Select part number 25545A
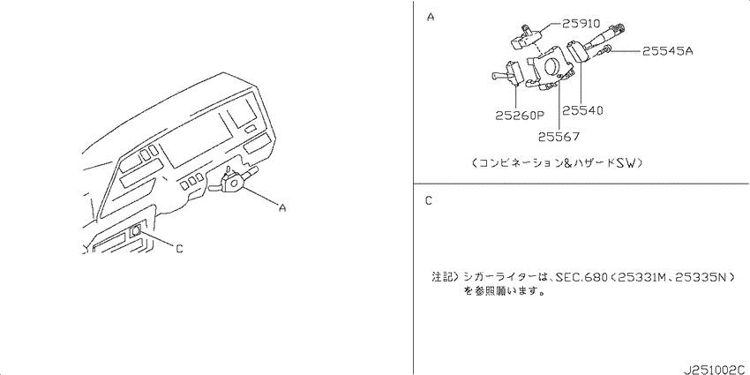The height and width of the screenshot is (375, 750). [667, 50]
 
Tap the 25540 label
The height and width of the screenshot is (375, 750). [582, 110]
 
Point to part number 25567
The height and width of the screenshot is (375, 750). [559, 136]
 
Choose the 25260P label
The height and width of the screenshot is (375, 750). [520, 116]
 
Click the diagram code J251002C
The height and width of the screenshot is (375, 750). [716, 370]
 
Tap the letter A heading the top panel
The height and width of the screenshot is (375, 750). [431, 18]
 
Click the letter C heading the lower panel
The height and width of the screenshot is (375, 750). [429, 201]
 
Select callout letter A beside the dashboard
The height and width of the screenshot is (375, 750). [282, 208]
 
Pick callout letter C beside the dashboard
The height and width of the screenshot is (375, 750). [179, 249]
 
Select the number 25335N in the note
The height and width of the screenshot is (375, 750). [700, 277]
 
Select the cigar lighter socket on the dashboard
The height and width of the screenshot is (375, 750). [135, 230]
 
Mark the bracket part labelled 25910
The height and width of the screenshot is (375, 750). [528, 36]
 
